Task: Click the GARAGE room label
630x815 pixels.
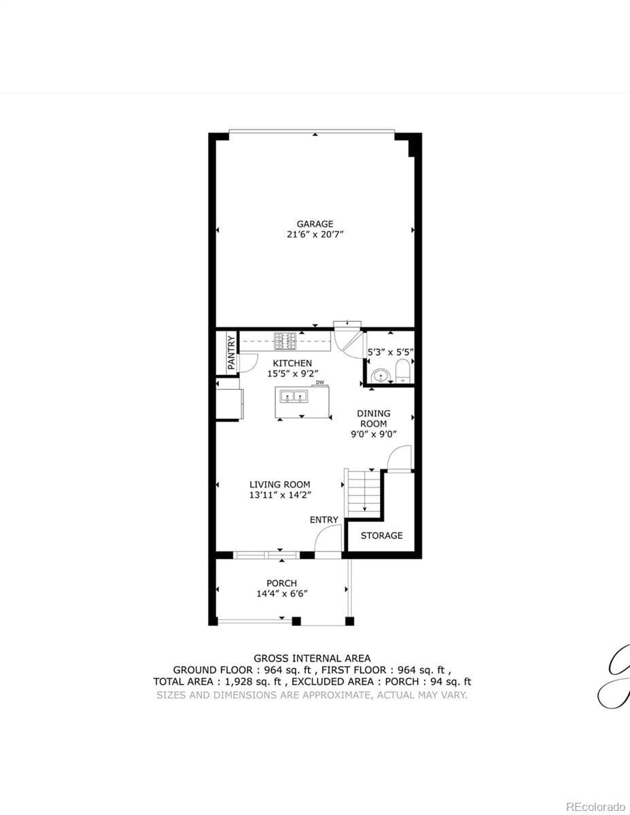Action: point(315,223)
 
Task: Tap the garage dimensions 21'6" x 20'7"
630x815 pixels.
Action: point(315,234)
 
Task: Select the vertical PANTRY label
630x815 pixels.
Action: point(231,352)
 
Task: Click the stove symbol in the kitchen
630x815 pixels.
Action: point(284,340)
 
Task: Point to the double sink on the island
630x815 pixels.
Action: point(293,396)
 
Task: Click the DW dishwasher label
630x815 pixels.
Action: point(319,382)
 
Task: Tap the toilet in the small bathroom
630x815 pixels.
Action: point(402,372)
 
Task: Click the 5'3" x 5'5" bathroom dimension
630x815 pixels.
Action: point(390,352)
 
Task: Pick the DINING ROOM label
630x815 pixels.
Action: point(374,418)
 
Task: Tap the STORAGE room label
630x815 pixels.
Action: point(381,535)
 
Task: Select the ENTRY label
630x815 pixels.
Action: point(323,520)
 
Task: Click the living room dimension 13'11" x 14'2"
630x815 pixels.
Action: point(279,495)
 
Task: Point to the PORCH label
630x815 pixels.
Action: point(281,583)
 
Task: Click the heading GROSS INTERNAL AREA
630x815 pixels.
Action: point(312,657)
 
